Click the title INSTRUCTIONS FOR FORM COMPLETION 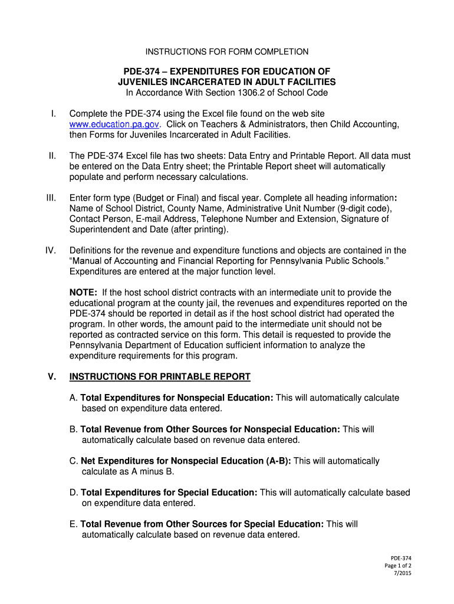point(227,52)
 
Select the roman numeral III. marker point(50,198)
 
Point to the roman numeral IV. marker point(51,250)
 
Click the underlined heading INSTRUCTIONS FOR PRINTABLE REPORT point(160,377)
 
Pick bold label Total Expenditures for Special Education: point(169,493)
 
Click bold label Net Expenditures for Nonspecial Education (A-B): point(186,461)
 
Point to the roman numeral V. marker point(51,377)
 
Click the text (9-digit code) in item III point(368,209)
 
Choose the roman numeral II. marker point(52,156)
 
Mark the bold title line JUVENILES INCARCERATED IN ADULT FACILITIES point(227,82)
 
